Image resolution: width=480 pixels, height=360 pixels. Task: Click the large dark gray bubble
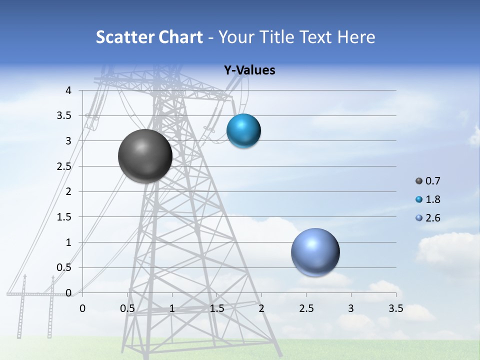point(145,156)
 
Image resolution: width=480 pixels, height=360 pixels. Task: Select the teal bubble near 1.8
point(243,130)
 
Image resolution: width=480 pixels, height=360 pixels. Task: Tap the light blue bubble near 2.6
point(315,252)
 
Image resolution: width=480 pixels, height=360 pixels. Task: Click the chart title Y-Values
point(249,70)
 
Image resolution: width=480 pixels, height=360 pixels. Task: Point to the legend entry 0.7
point(432,181)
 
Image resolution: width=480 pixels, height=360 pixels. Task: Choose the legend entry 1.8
point(432,199)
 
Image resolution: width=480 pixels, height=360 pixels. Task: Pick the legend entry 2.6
point(432,218)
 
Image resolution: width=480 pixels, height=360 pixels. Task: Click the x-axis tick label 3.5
point(395,308)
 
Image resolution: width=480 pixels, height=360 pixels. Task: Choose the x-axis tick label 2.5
point(306,308)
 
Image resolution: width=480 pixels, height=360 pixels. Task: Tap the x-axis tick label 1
point(172,308)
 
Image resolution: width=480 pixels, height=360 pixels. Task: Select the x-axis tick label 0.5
point(127,308)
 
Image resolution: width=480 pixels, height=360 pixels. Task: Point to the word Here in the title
point(355,37)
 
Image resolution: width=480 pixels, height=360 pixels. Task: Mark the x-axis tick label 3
point(351,308)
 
